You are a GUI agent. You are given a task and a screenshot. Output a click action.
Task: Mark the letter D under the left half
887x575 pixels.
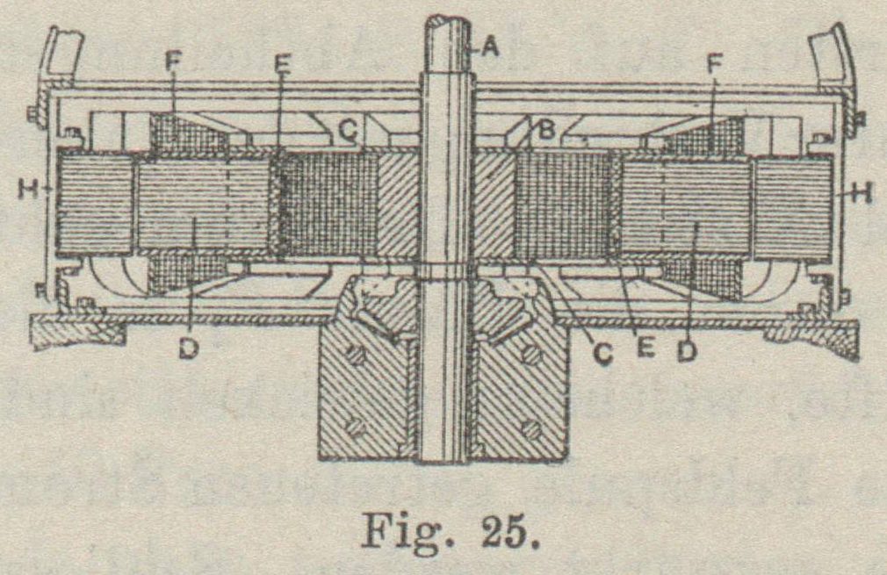pos(189,349)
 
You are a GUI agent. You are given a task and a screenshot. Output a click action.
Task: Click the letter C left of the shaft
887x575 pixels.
pos(349,132)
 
